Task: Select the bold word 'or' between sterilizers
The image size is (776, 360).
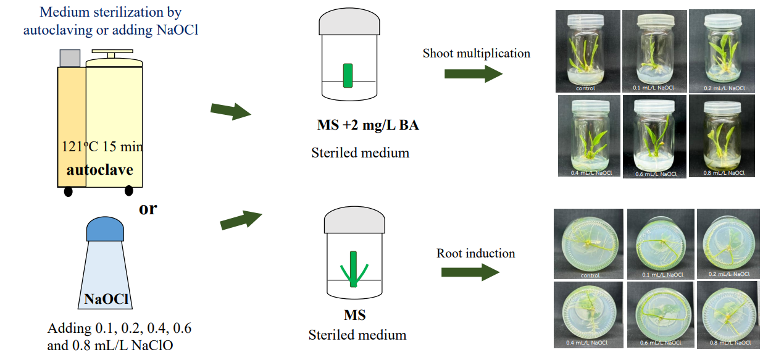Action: (148, 209)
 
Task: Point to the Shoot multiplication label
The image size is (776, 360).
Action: (476, 53)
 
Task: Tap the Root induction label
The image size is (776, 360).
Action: (475, 253)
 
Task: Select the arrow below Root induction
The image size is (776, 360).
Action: (470, 272)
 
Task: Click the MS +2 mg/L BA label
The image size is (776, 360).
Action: (367, 125)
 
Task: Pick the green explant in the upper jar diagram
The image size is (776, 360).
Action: (348, 75)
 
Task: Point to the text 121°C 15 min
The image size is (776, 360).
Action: (102, 147)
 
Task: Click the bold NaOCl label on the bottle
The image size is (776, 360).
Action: (106, 300)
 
